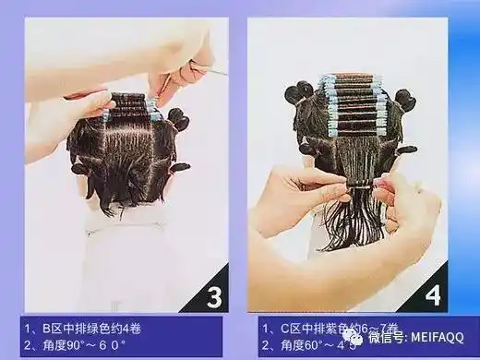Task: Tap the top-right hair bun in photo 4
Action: click(x=404, y=99)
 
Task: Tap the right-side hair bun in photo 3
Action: click(x=177, y=119)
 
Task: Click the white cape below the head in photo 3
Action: click(x=125, y=249)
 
